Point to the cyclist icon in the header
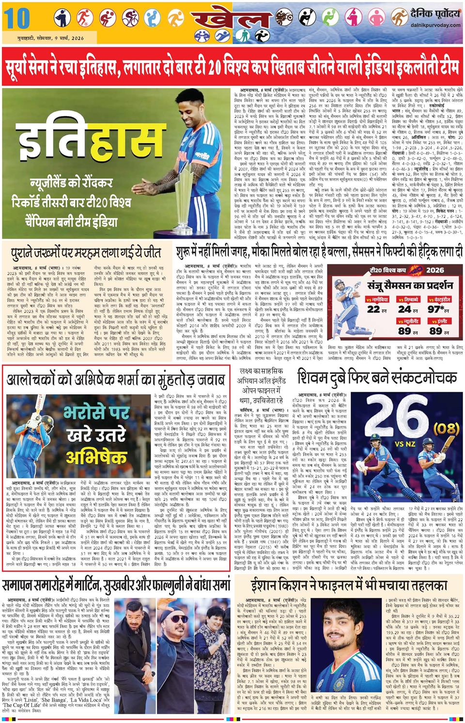click(129, 17)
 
